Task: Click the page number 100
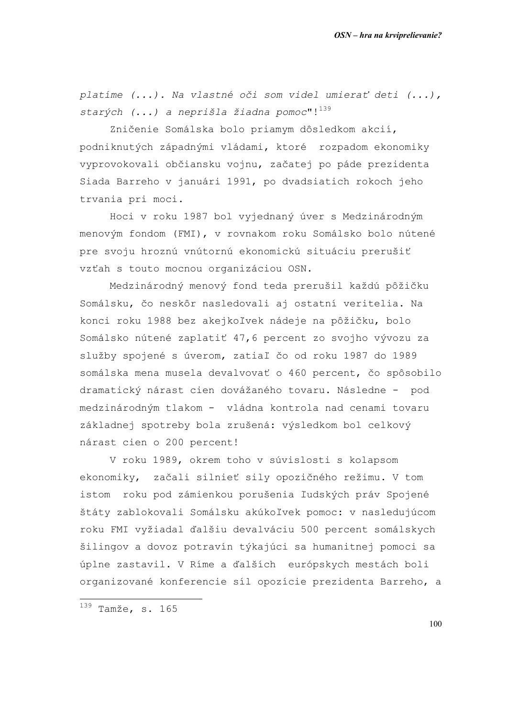coord(435,624)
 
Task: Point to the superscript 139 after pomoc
coord(325,109)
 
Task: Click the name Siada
coord(95,182)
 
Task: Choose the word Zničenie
coord(134,130)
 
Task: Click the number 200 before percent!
coord(175,442)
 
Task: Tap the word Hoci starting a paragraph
coord(122,217)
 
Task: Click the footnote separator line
coord(141,599)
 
